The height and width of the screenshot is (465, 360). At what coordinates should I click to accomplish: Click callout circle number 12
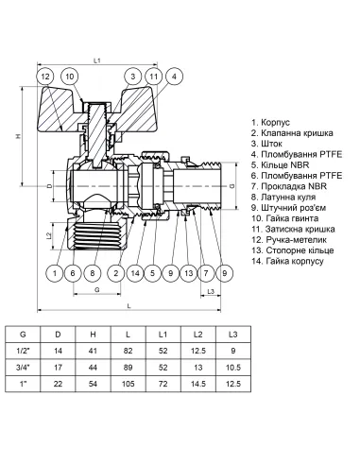45,77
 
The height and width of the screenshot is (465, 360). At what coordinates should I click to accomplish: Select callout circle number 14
136,273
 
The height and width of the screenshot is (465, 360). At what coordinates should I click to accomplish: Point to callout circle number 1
56,273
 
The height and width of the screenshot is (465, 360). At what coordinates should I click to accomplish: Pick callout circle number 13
188,273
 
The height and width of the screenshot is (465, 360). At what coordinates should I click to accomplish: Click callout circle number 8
93,273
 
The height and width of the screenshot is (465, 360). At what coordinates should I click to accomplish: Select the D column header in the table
58,335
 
